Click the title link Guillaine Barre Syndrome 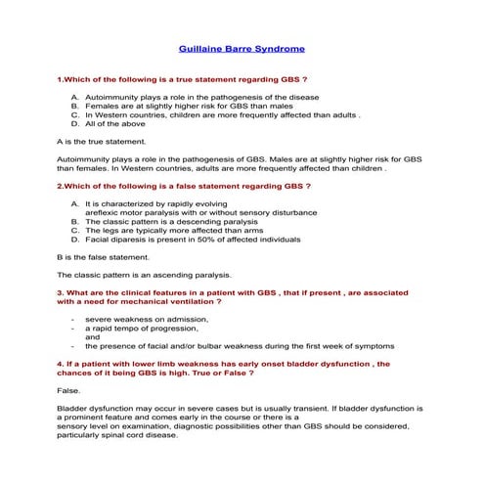pyautogui.click(x=242, y=48)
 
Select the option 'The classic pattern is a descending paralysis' pyautogui.click(x=175, y=222)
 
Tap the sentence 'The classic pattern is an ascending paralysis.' pyautogui.click(x=145, y=275)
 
